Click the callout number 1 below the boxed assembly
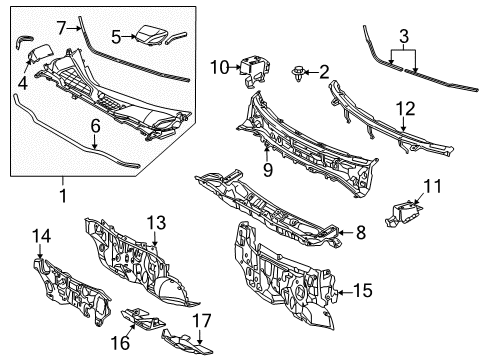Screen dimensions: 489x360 point(63,196)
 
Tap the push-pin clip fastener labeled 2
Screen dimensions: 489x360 point(298,74)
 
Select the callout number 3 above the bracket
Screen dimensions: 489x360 point(404,36)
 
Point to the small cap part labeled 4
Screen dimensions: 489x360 point(39,54)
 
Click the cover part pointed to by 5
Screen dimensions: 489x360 point(150,35)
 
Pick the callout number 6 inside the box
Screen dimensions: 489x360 point(95,126)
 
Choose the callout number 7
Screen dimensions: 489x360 point(61,28)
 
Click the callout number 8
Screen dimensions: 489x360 point(361,232)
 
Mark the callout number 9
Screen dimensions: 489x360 point(267,170)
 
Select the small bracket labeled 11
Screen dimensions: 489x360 point(403,214)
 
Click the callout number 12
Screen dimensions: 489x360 point(406,109)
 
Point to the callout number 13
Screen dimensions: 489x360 point(156,223)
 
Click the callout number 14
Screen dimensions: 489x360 point(41,236)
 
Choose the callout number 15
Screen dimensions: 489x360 point(362,290)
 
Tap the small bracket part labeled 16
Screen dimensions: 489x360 point(142,318)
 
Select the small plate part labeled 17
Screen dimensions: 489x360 point(187,342)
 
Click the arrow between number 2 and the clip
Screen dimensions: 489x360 point(311,72)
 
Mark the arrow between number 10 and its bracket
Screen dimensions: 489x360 point(235,67)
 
